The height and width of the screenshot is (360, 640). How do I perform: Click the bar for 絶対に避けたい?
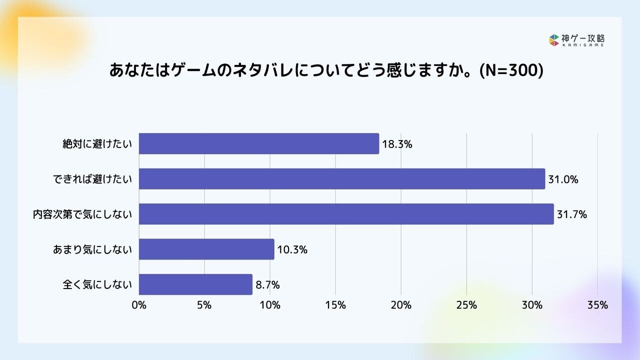tap(258, 144)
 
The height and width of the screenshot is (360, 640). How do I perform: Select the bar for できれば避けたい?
tap(341, 179)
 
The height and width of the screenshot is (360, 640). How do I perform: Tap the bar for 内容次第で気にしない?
tap(346, 214)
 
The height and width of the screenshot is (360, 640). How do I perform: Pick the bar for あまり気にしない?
tap(206, 249)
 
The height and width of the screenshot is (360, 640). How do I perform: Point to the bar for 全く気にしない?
tap(195, 284)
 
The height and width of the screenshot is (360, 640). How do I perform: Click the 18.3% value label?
tap(397, 144)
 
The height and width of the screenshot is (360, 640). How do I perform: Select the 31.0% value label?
tap(563, 179)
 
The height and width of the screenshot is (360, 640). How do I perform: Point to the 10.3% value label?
tap(292, 249)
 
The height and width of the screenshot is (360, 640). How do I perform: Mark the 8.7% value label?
tap(267, 285)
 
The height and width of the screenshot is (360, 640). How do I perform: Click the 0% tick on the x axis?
tap(138, 305)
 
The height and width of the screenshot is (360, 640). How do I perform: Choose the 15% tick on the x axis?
tap(335, 305)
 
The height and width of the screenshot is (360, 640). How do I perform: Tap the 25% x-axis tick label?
tap(466, 305)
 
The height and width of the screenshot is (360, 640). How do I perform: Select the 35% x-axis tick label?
tap(597, 305)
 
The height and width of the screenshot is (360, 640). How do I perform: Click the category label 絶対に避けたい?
tap(97, 144)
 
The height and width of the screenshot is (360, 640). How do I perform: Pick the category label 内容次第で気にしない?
tap(82, 214)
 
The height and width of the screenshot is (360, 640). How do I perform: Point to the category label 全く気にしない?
tap(97, 285)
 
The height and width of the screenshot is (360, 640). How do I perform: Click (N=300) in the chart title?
tap(510, 70)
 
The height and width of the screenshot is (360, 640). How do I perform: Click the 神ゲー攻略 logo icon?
tap(553, 40)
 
